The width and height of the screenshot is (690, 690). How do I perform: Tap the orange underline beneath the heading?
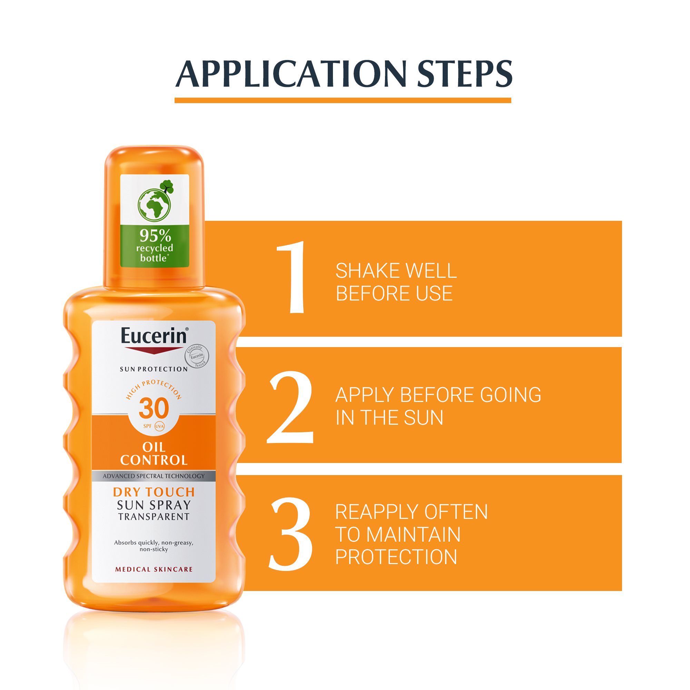(343, 100)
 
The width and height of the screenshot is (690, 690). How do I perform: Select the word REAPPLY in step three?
(384, 512)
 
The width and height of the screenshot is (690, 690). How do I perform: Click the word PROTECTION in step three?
(396, 557)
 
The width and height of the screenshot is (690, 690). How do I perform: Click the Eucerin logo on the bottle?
(154, 336)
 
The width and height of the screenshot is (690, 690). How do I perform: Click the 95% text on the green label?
(155, 236)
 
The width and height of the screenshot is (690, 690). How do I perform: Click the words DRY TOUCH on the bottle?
(154, 492)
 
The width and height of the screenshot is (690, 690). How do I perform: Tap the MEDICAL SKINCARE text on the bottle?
(154, 569)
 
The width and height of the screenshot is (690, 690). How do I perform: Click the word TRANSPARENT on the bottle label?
(154, 516)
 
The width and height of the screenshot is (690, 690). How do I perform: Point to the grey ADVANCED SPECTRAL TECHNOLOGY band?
(154, 476)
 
